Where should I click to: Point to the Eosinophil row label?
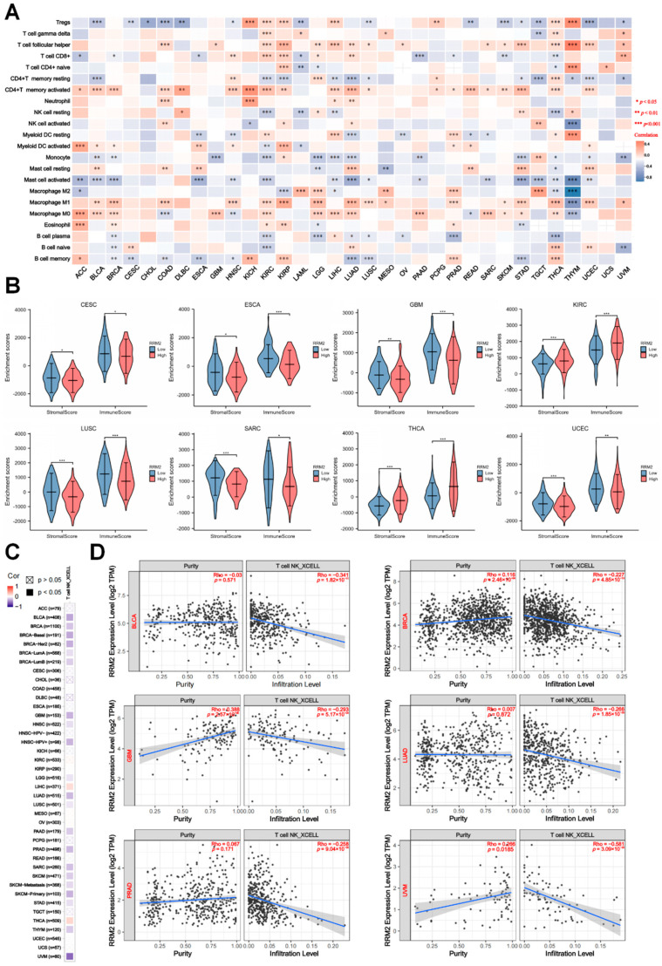51,223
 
